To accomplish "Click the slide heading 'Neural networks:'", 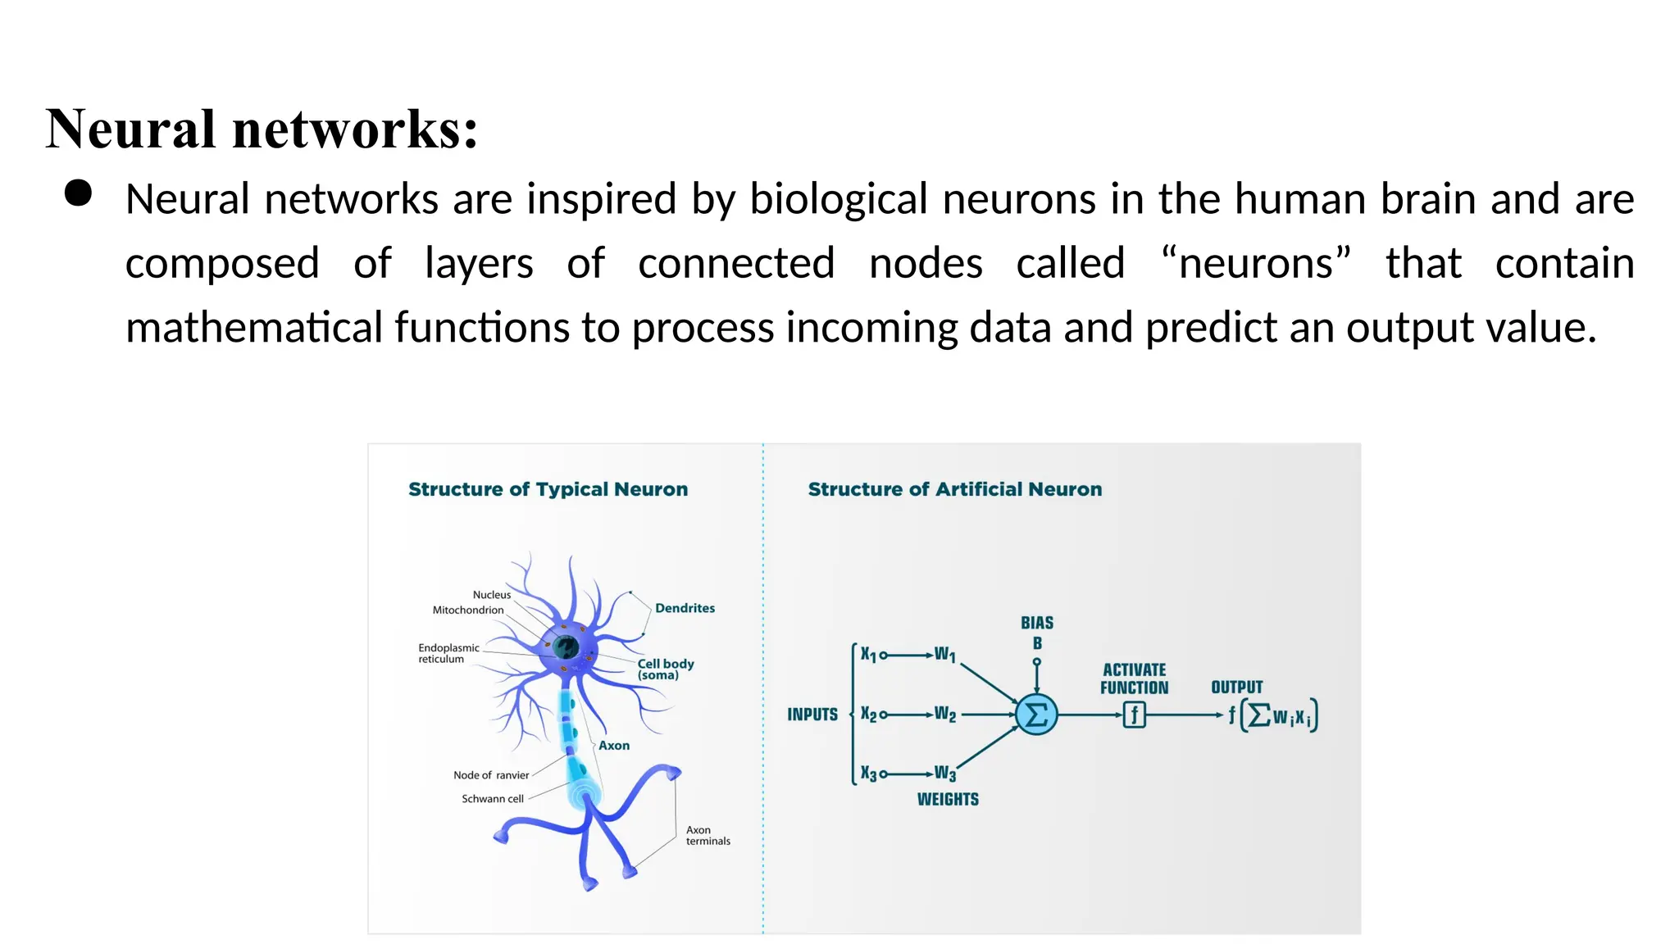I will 262,129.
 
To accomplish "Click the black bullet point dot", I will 78,193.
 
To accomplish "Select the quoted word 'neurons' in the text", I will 1256,263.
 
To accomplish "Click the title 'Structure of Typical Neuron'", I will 548,489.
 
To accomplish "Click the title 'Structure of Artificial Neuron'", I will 954,489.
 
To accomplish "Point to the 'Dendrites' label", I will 685,608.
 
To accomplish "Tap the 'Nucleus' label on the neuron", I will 491,595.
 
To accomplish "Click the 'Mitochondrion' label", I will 468,610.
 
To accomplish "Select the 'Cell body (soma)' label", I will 665,669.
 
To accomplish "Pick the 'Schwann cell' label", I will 492,798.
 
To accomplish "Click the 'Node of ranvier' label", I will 491,775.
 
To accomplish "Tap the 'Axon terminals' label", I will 708,835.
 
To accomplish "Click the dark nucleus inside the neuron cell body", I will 566,647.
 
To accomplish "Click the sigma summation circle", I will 1036,715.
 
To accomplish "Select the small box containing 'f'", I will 1134,715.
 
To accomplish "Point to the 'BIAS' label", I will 1037,623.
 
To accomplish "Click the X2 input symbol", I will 868,715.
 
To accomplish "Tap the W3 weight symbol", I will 945,774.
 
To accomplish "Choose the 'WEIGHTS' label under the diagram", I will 948,799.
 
